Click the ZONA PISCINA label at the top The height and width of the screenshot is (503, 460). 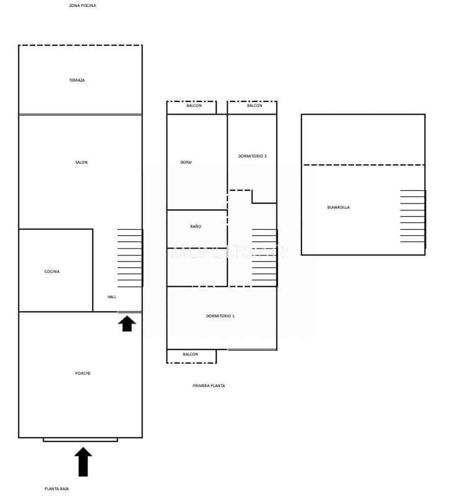82,6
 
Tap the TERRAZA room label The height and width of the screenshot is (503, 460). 77,80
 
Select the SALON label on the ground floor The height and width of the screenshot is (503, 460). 81,162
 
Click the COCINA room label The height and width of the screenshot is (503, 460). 52,272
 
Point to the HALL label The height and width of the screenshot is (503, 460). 112,297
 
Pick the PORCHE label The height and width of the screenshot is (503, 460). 83,373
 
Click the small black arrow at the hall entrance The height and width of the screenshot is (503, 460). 127,324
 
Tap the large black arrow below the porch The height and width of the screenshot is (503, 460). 83,462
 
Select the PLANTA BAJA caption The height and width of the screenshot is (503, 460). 57,489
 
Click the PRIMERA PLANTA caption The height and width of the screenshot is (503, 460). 209,386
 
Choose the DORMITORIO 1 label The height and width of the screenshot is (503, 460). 220,316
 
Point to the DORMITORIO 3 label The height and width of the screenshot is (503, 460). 252,156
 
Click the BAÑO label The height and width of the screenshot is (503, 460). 196,226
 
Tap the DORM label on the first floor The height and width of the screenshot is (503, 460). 186,162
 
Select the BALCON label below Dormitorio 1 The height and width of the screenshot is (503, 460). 190,354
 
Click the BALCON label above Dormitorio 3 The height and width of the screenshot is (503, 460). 254,106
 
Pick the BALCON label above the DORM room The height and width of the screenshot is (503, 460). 194,106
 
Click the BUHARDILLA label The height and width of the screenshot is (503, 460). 338,207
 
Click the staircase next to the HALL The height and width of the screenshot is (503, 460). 130,258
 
